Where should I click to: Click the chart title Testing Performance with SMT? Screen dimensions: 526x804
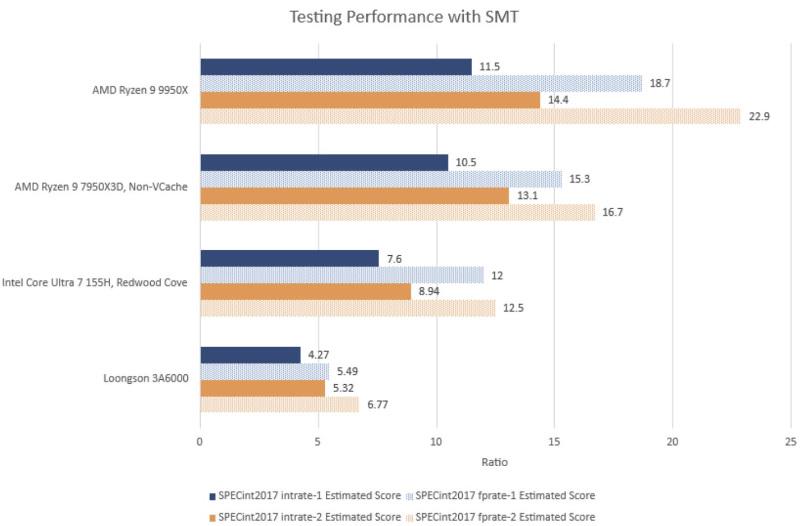pyautogui.click(x=404, y=17)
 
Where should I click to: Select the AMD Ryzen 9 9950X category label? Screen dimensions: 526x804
pyautogui.click(x=140, y=90)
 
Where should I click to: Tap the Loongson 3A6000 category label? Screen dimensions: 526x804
pyautogui.click(x=146, y=378)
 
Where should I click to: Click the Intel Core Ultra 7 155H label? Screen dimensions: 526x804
pyautogui.click(x=94, y=282)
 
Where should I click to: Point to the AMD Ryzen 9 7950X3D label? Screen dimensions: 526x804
pyautogui.click(x=101, y=187)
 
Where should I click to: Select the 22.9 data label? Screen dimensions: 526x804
pyautogui.click(x=759, y=116)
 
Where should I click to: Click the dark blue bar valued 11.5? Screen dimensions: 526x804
pyautogui.click(x=336, y=67)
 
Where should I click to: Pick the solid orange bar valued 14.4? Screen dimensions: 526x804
pyautogui.click(x=370, y=100)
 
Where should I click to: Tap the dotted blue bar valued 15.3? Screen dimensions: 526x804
pyautogui.click(x=381, y=179)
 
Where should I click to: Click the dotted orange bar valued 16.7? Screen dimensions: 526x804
pyautogui.click(x=397, y=213)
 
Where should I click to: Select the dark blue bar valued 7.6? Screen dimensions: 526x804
pyautogui.click(x=289, y=259)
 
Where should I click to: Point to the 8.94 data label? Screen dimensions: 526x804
pyautogui.click(x=429, y=291)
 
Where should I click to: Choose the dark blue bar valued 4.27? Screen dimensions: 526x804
pyautogui.click(x=250, y=355)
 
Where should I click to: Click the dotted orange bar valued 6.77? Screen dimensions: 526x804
pyautogui.click(x=279, y=405)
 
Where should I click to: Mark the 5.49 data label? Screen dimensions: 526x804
pyautogui.click(x=347, y=372)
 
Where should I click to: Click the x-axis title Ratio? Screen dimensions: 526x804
pyautogui.click(x=494, y=462)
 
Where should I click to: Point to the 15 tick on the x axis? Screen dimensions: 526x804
pyautogui.click(x=554, y=442)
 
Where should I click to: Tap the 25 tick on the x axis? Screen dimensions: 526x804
pyautogui.click(x=791, y=442)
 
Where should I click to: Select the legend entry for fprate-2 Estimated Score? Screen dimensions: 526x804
pyautogui.click(x=501, y=517)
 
